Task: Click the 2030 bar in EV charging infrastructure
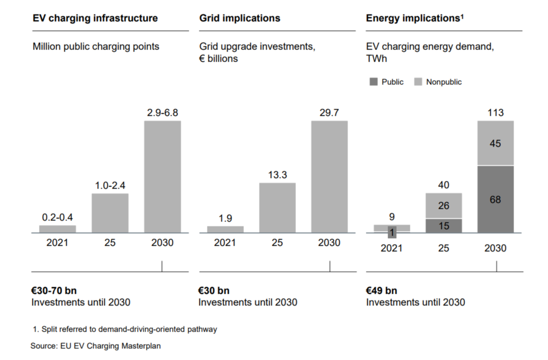coord(162,176)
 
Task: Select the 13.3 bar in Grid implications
coord(277,207)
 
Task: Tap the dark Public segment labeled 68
coord(495,199)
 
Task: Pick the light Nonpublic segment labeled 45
coord(495,143)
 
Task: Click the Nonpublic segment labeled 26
coord(444,206)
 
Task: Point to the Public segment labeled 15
coord(444,226)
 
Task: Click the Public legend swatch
coord(374,81)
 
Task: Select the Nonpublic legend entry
coord(438,82)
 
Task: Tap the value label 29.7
coord(329,113)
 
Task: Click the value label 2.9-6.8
coord(162,113)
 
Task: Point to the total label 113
coord(495,112)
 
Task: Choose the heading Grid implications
coord(239,18)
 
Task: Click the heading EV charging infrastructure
coord(95,18)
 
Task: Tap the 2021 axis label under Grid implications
coord(225,243)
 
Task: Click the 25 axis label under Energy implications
coord(444,248)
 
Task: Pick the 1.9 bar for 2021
coord(225,229)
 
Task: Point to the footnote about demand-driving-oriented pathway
coord(124,329)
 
